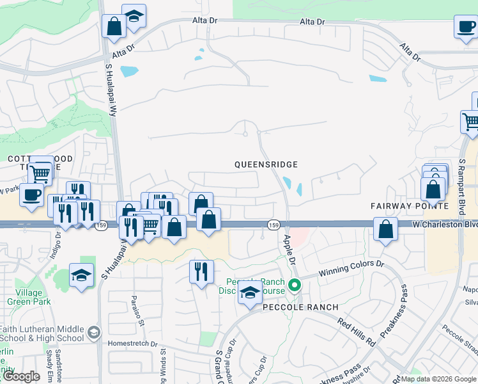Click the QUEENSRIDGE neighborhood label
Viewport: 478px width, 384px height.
pos(266,164)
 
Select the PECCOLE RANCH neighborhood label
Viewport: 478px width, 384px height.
pos(299,307)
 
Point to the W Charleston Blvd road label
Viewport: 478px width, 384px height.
pos(445,225)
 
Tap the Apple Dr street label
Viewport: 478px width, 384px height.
pos(289,250)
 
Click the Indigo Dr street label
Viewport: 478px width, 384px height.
pos(56,246)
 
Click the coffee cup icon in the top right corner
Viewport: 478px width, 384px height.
pos(466,27)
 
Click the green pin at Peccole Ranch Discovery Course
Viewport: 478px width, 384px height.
pos(295,284)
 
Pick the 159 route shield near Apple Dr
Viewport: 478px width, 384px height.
pos(274,225)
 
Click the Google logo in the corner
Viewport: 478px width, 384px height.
pos(21,376)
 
